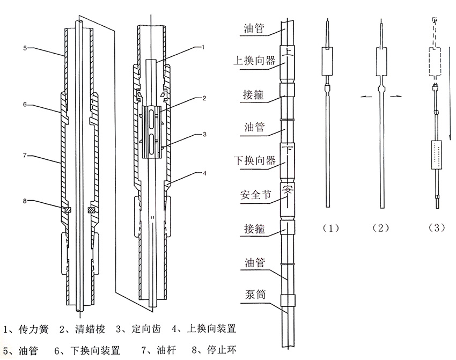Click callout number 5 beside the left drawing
pyautogui.click(x=26, y=48)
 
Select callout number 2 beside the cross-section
pyautogui.click(x=204, y=98)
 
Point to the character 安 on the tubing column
pyautogui.click(x=288, y=191)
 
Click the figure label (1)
pyautogui.click(x=331, y=227)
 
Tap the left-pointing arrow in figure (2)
pyautogui.click(x=365, y=97)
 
